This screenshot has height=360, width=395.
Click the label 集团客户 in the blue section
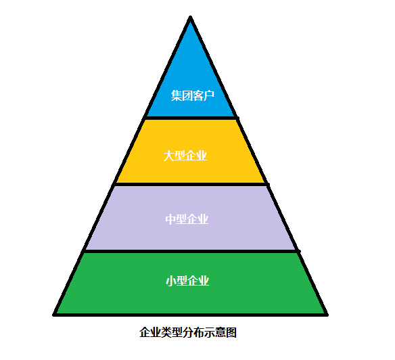point(193,95)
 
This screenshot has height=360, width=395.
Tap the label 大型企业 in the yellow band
point(185,156)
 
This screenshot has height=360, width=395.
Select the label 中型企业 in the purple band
point(187,219)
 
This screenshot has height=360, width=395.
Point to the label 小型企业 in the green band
point(187,281)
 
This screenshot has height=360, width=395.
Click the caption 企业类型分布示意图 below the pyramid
point(188,332)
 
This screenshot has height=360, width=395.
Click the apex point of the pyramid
point(191,17)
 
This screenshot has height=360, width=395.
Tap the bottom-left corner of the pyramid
point(53,315)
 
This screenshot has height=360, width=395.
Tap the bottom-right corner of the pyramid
point(327,315)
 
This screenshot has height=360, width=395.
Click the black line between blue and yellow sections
point(191,118)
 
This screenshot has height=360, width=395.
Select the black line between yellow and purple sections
point(191,185)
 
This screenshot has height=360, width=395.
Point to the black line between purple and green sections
point(191,251)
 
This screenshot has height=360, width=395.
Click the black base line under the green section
point(191,315)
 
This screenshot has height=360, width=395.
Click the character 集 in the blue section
point(177,95)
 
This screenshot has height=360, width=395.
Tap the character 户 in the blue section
point(209,95)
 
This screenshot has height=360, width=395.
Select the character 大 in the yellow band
point(168,156)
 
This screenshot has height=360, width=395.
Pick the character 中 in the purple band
point(170,219)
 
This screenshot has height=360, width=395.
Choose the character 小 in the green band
point(171,281)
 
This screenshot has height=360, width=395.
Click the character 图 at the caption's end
point(231,332)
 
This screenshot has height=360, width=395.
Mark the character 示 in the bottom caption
point(210,332)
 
